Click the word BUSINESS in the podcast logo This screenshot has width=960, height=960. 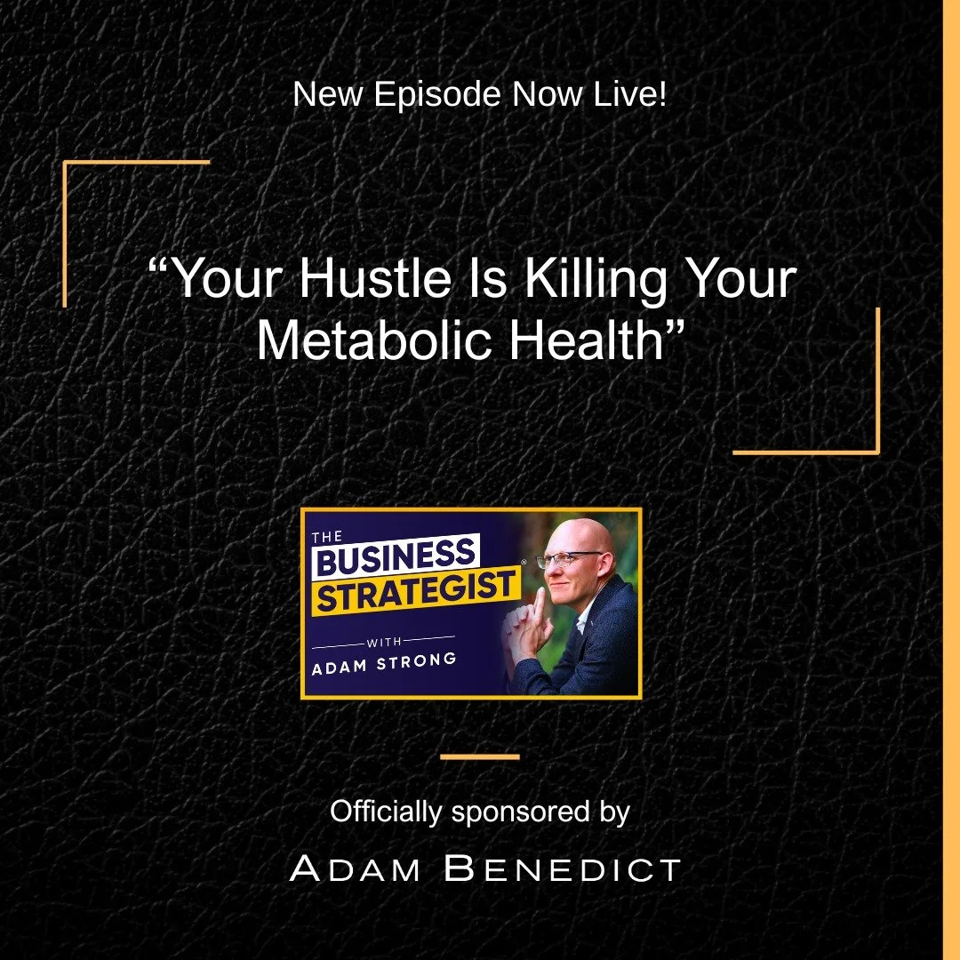pyautogui.click(x=395, y=557)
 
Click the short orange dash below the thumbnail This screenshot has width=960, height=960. pyautogui.click(x=480, y=757)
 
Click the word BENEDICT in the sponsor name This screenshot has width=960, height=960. pyautogui.click(x=563, y=870)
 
